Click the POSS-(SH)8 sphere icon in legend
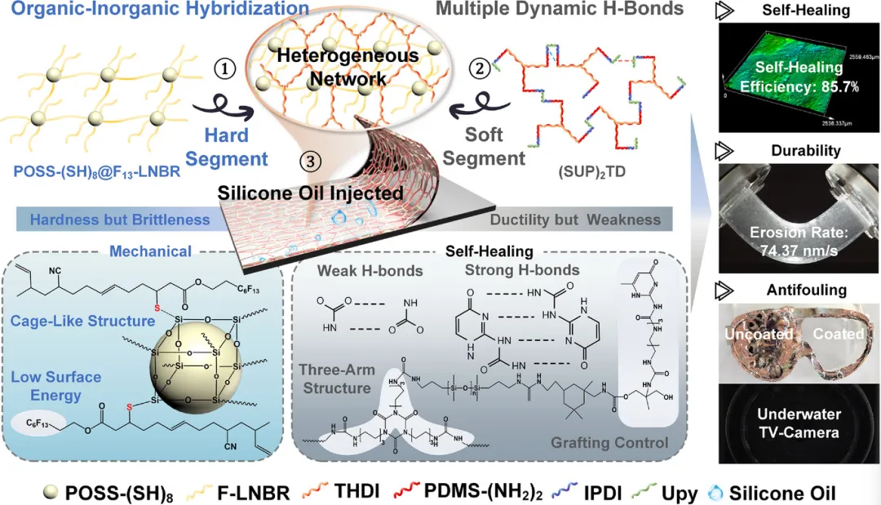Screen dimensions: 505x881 (53, 492)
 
